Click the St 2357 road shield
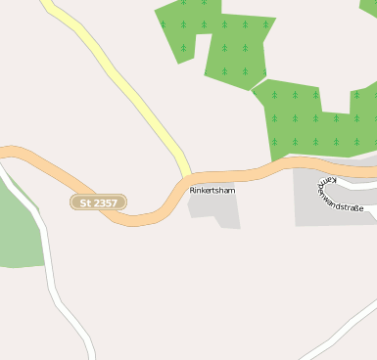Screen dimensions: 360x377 [98, 202]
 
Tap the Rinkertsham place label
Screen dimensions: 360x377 [212, 190]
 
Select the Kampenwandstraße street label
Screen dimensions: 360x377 [340, 195]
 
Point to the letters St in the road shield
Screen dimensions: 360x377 [84, 202]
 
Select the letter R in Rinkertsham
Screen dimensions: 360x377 [193, 190]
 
